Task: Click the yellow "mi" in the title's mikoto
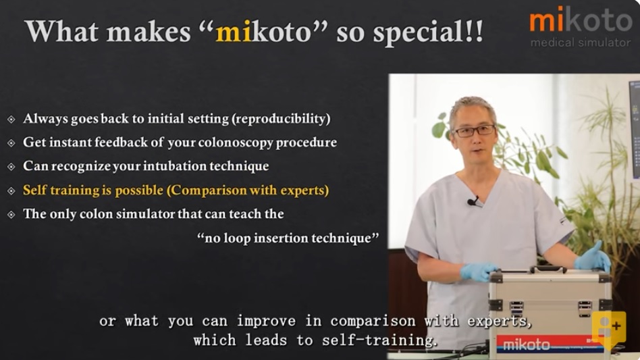click(234, 32)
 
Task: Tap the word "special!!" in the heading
click(428, 32)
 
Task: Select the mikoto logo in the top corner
click(581, 20)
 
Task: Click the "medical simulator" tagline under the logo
click(581, 43)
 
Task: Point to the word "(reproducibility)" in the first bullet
click(281, 119)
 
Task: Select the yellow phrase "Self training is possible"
click(93, 190)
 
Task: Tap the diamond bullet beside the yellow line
click(11, 190)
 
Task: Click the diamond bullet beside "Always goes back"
click(11, 119)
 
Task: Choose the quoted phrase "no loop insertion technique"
click(288, 238)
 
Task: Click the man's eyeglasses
click(475, 131)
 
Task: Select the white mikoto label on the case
click(527, 345)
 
